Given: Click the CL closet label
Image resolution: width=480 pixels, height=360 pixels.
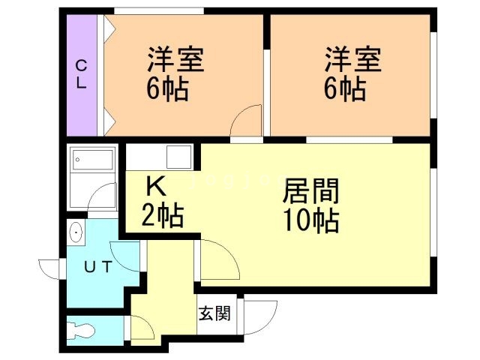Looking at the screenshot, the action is [81, 74].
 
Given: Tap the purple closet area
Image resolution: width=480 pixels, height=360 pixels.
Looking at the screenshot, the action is [82, 75].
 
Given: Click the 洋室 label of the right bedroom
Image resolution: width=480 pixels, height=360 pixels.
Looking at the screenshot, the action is [353, 59].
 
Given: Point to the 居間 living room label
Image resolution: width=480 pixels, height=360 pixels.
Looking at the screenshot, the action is [310, 191].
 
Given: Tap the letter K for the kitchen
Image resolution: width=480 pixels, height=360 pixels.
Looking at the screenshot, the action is [156, 187].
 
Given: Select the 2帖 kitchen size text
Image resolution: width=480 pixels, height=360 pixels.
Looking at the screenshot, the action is [163, 215].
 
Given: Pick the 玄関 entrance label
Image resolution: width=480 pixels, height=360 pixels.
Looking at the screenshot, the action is [214, 313].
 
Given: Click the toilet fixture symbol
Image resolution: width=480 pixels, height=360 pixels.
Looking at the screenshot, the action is [81, 331].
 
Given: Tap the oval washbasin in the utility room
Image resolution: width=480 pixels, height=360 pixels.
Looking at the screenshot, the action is [75, 232].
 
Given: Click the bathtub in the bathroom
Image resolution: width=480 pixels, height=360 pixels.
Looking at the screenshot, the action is [93, 160].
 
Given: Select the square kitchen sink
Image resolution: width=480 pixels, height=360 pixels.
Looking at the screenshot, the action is [178, 157].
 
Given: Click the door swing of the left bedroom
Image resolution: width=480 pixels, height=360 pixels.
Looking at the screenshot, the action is [246, 120].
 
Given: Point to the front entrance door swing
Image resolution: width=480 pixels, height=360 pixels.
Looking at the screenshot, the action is [260, 317].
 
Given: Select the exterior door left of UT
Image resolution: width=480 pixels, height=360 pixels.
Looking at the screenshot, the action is [49, 268].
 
